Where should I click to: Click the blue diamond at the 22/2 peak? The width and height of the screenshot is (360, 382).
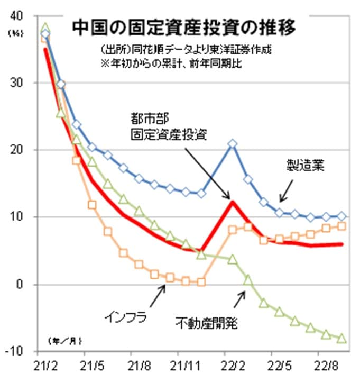point(232,144)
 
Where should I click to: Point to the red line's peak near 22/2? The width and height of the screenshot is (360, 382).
point(231,201)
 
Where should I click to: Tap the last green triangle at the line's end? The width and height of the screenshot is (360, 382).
point(341,338)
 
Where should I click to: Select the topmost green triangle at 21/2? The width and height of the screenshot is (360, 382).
point(45,28)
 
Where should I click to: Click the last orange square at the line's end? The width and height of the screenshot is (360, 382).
point(341,226)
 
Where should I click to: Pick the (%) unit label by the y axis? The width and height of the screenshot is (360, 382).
point(14,32)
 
